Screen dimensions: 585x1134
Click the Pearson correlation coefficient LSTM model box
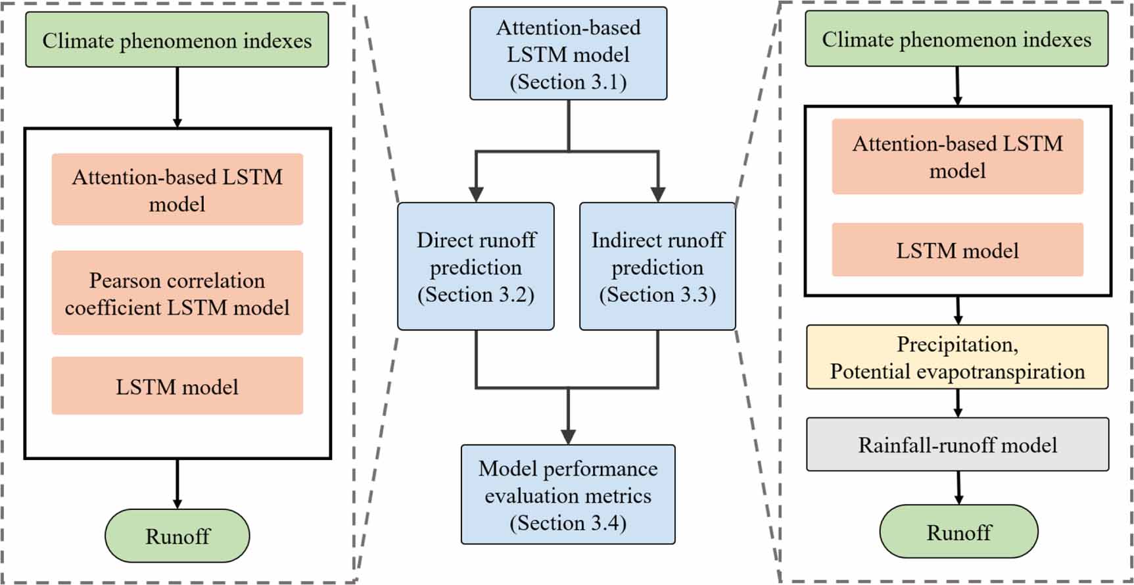click(x=177, y=293)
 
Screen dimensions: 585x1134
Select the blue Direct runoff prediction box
click(x=475, y=267)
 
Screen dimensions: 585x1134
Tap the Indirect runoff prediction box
click(x=657, y=267)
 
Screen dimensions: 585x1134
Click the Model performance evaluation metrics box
click(x=568, y=495)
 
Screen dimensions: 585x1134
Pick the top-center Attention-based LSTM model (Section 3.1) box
click(x=568, y=54)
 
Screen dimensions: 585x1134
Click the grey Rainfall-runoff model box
click(x=957, y=445)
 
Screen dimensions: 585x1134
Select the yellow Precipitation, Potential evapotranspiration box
click(x=957, y=357)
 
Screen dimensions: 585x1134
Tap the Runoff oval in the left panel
click(x=177, y=536)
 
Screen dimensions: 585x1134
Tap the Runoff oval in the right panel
click(x=958, y=532)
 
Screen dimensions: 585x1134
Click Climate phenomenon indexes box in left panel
click(x=177, y=40)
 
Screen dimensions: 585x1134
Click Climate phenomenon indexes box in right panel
click(x=957, y=39)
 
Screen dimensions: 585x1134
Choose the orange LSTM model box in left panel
click(x=177, y=386)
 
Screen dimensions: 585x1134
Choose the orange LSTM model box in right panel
click(x=957, y=250)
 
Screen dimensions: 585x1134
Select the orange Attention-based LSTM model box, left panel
click(x=177, y=190)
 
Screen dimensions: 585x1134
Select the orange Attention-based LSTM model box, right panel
click(x=957, y=157)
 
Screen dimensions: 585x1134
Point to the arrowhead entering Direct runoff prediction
click(x=476, y=194)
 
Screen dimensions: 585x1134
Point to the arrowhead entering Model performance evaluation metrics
click(x=568, y=436)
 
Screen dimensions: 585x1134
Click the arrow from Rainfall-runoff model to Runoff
click(x=958, y=488)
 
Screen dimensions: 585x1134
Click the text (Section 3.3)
click(x=657, y=294)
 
